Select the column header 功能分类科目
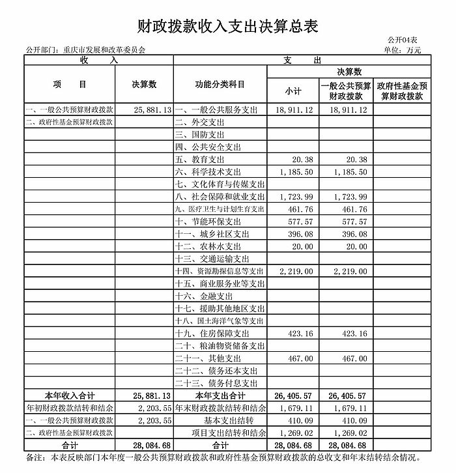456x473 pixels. coord(220,85)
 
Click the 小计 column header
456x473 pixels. coord(292,91)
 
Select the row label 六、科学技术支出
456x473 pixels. coord(208,172)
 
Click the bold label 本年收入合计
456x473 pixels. coord(70,395)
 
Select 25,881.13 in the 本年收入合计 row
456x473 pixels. coord(151,395)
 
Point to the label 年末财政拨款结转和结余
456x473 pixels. coord(220,408)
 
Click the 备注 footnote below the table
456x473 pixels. coord(227,457)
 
